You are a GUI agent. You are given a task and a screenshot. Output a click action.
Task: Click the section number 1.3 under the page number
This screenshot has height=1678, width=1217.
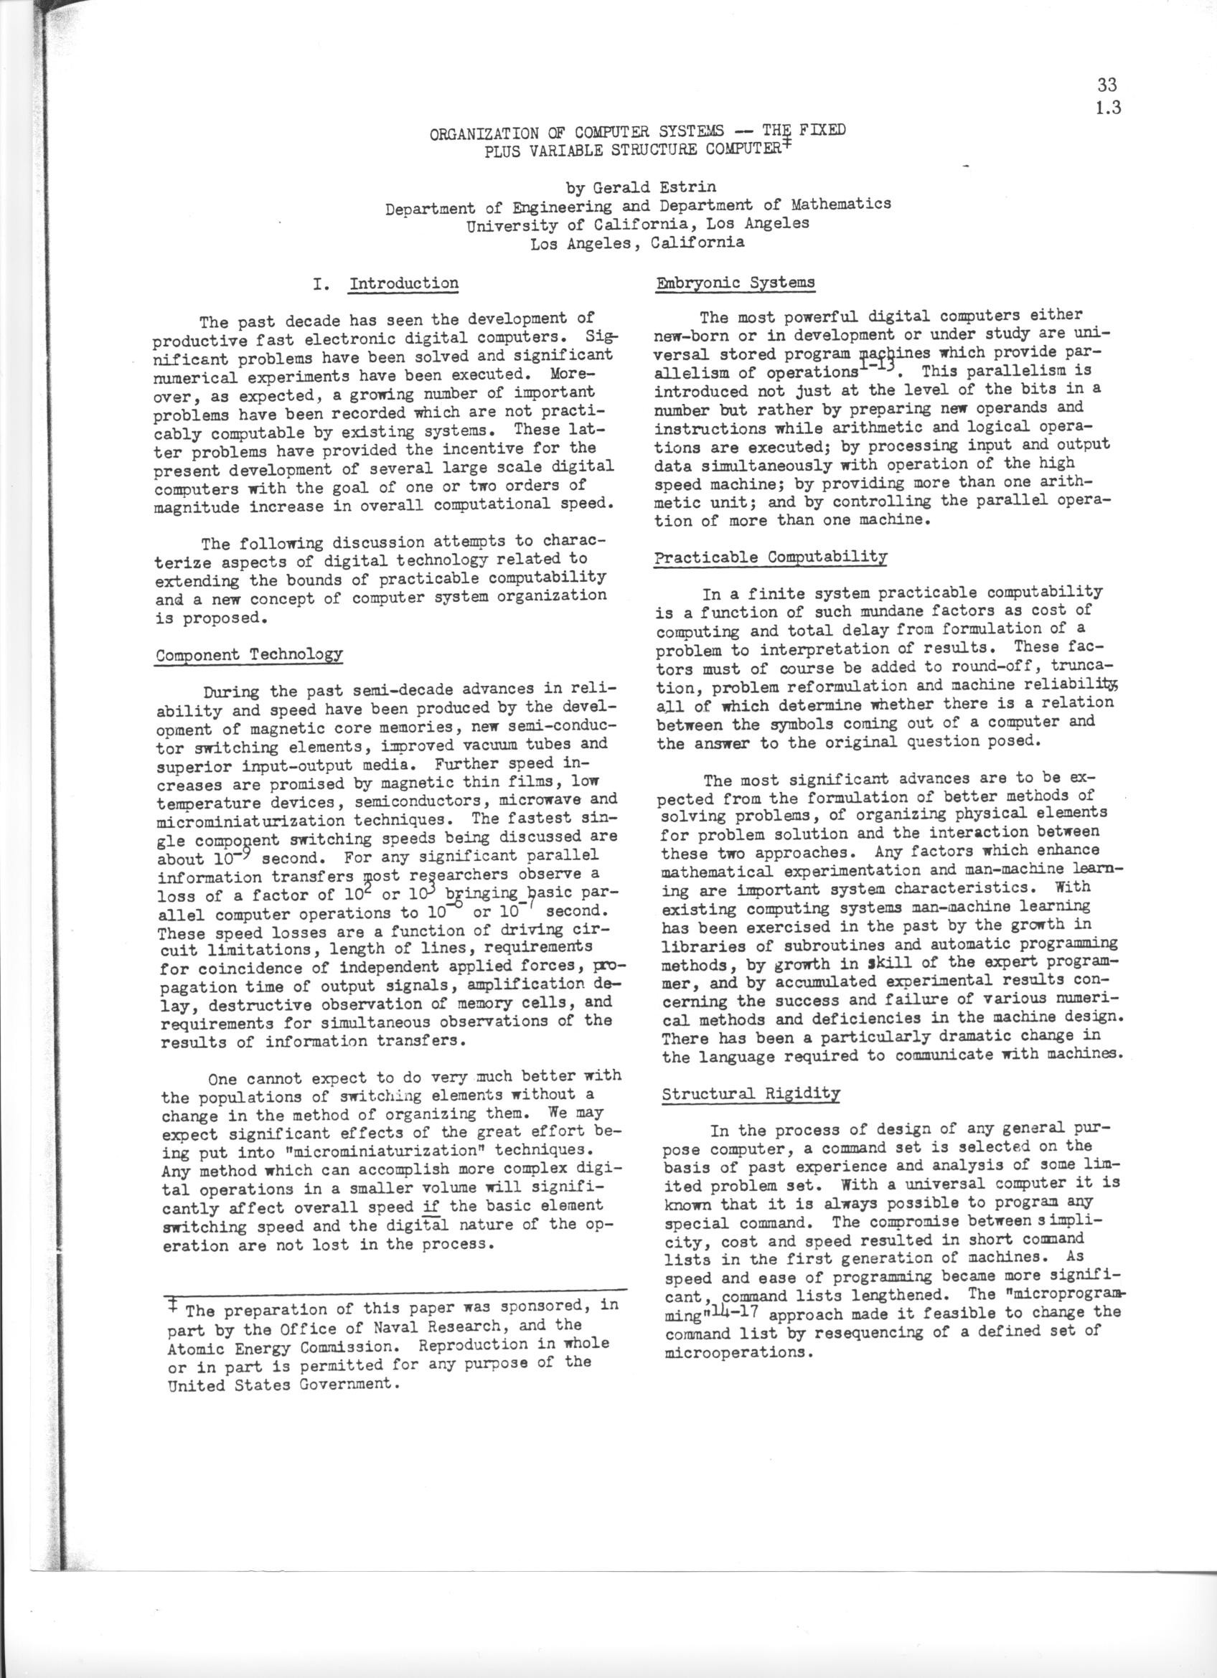(1107, 108)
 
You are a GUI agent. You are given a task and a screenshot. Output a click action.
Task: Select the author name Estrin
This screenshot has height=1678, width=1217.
(690, 187)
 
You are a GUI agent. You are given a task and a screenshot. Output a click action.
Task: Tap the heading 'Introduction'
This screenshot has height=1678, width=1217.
(403, 283)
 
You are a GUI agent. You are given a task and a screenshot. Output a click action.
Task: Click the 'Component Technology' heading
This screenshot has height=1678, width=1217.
(248, 655)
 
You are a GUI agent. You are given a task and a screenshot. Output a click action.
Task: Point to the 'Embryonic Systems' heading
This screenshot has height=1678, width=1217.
(736, 283)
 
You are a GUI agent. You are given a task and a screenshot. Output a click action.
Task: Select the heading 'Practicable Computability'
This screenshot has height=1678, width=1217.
(770, 557)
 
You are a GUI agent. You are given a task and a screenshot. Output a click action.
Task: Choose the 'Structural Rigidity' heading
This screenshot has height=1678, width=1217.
(750, 1093)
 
